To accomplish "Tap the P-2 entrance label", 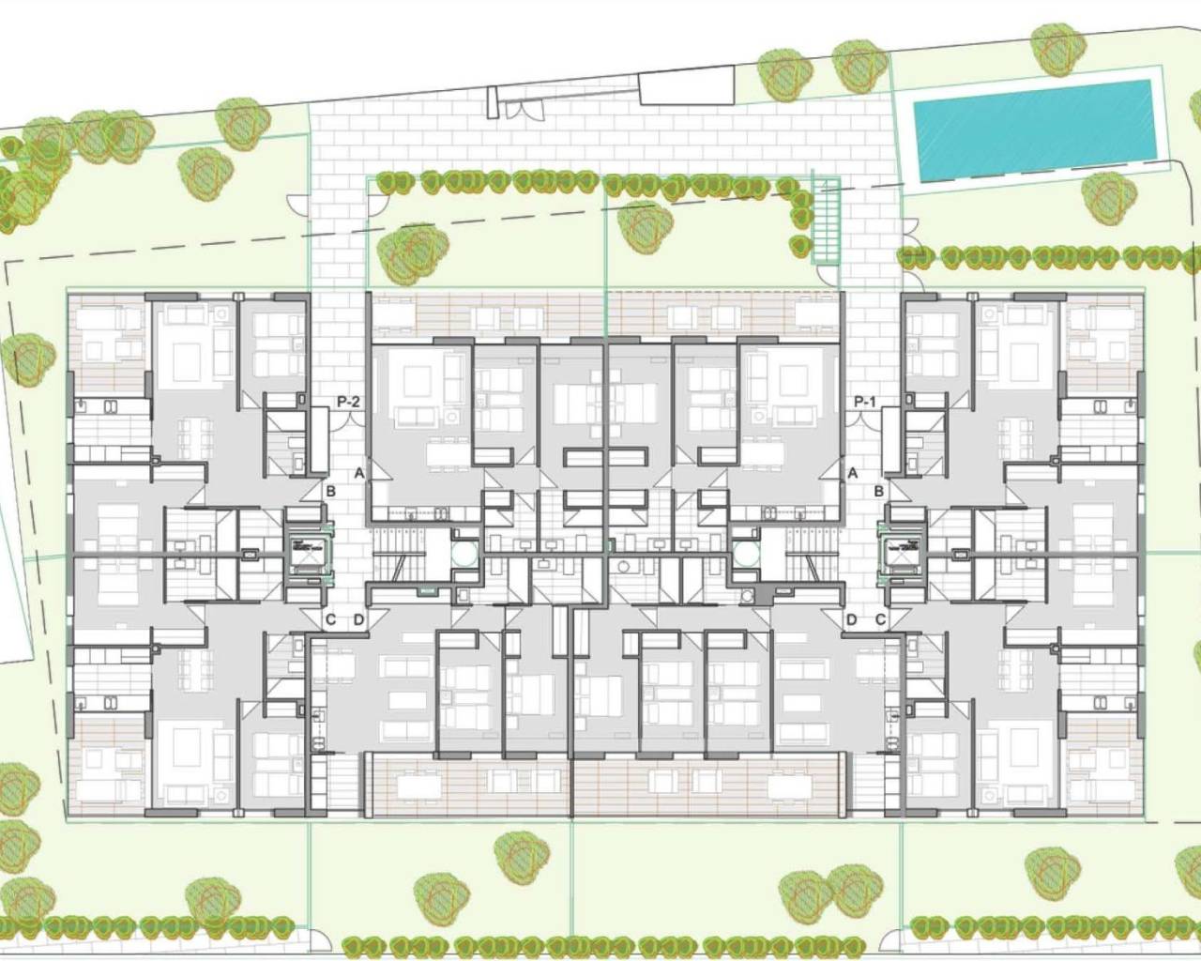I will pyautogui.click(x=349, y=403).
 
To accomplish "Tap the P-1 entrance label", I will pyautogui.click(x=865, y=403).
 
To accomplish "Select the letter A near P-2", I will pyautogui.click(x=358, y=474).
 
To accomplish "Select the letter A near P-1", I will pyautogui.click(x=852, y=474).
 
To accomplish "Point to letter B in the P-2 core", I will pyautogui.click(x=330, y=491).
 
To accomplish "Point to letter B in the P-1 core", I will pyautogui.click(x=879, y=491).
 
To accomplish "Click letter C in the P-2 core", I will pyautogui.click(x=330, y=619).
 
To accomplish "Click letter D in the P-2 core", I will pyautogui.click(x=358, y=619).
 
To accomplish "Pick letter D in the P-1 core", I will pyautogui.click(x=852, y=619).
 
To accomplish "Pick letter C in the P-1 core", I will pyautogui.click(x=880, y=619).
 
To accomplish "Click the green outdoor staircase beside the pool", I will pyautogui.click(x=826, y=220).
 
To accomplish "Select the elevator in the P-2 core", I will pyautogui.click(x=302, y=551).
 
